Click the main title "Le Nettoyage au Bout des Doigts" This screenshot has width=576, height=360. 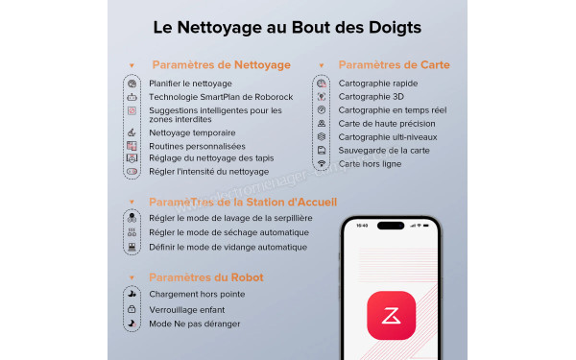click(x=287, y=27)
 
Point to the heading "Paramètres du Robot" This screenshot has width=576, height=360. click(x=206, y=277)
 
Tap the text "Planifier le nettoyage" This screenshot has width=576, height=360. click(x=191, y=84)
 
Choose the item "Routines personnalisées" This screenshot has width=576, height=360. click(x=197, y=146)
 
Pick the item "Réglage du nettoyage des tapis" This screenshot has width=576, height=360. click(x=211, y=158)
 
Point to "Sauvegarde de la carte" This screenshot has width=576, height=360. click(x=385, y=151)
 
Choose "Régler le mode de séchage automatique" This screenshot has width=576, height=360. click(x=228, y=232)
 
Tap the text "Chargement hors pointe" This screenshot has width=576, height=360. click(x=197, y=294)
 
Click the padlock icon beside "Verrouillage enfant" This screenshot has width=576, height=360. click(x=132, y=309)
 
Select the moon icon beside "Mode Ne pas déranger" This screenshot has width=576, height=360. click(x=132, y=324)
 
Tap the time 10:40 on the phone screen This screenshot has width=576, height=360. click(x=362, y=227)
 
